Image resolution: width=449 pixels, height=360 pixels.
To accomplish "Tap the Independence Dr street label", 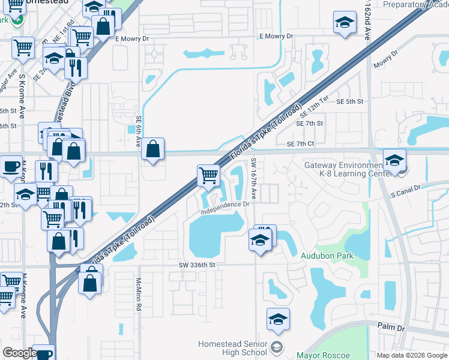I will click(225, 208).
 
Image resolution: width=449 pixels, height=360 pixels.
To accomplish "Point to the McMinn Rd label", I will click(139, 297).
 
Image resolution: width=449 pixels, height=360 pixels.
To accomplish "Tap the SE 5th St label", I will click(350, 102).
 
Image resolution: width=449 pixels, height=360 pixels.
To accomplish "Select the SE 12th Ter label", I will click(315, 108).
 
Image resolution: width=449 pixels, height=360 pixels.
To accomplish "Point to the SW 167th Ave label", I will click(254, 179).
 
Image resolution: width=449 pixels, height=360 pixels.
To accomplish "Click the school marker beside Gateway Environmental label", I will click(394, 161).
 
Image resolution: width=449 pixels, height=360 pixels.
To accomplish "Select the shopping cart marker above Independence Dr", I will click(208, 175).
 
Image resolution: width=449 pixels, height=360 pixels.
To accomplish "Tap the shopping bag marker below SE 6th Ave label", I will click(153, 149).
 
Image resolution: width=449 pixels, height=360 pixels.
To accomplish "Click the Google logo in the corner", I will click(19, 353).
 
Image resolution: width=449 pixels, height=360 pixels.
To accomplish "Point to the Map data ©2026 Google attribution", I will click(412, 355).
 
